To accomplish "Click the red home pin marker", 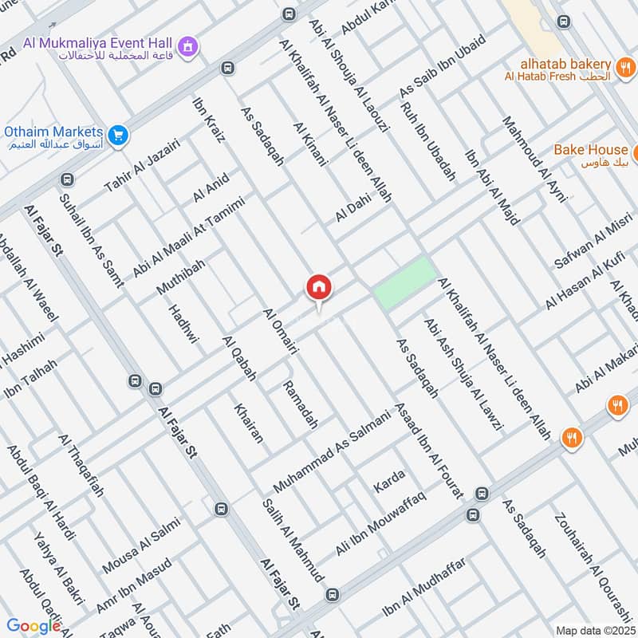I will pos(318,288).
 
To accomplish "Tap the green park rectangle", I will pos(405,283).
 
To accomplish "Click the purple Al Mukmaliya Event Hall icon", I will pos(188,45).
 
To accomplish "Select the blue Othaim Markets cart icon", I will pos(118,136).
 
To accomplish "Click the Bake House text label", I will pos(590,149).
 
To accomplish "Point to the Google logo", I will pos(33,626).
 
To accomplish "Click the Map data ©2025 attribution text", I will pos(594,630).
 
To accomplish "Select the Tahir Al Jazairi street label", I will pos(143,166).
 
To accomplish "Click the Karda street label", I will pos(389,481).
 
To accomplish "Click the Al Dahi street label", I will pos(354,204).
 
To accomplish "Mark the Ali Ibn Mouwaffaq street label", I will pos(381,524).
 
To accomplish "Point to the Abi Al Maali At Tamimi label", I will pos(188,237).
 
